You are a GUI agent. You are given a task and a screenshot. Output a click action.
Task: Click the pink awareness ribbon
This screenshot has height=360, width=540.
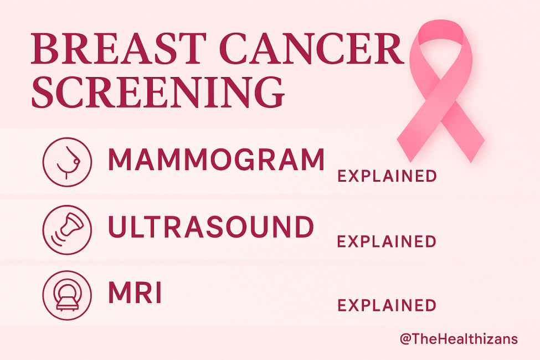(x=443, y=83)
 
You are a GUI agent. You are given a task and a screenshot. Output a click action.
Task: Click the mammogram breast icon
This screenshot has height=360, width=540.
(x=66, y=161)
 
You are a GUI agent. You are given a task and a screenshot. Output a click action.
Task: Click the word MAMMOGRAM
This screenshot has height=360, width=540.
(x=216, y=160)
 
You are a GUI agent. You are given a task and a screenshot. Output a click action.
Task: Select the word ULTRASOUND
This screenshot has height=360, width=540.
(x=211, y=227)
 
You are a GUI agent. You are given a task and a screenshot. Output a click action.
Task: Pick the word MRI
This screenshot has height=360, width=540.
(x=135, y=293)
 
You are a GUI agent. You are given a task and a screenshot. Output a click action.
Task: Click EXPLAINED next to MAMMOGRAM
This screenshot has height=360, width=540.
(x=387, y=177)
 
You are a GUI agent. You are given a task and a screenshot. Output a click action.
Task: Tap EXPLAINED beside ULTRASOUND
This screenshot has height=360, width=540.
(x=387, y=241)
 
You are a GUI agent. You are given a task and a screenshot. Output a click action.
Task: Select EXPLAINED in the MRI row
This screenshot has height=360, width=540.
(x=387, y=305)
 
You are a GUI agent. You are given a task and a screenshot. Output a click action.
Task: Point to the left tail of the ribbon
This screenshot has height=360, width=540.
(x=413, y=130)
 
